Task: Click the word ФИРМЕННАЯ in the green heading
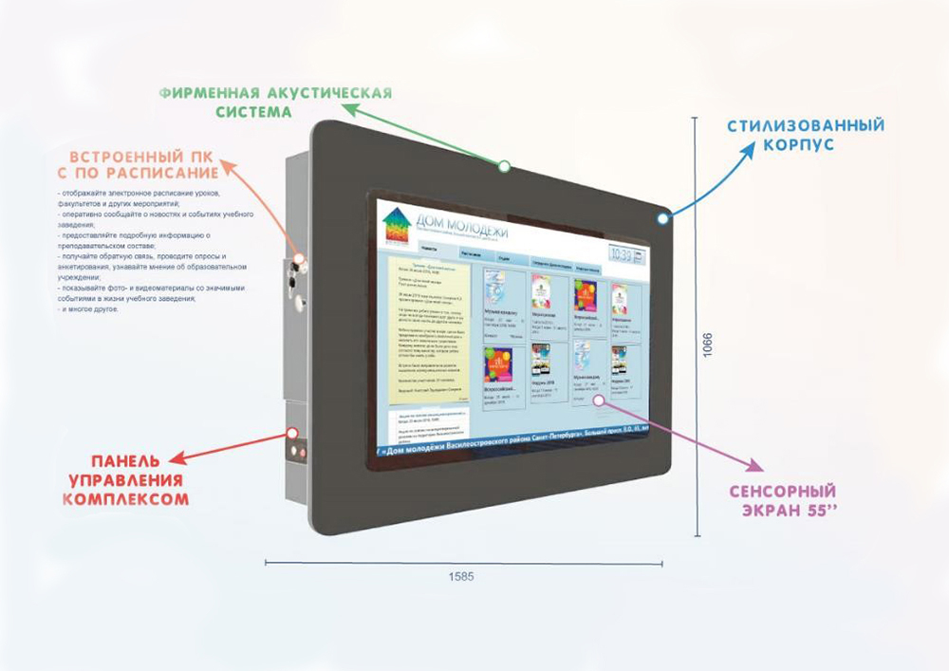207,93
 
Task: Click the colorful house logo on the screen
396,227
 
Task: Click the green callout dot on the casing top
504,166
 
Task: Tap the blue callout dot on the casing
661,219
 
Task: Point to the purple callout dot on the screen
599,400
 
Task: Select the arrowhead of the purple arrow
755,470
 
